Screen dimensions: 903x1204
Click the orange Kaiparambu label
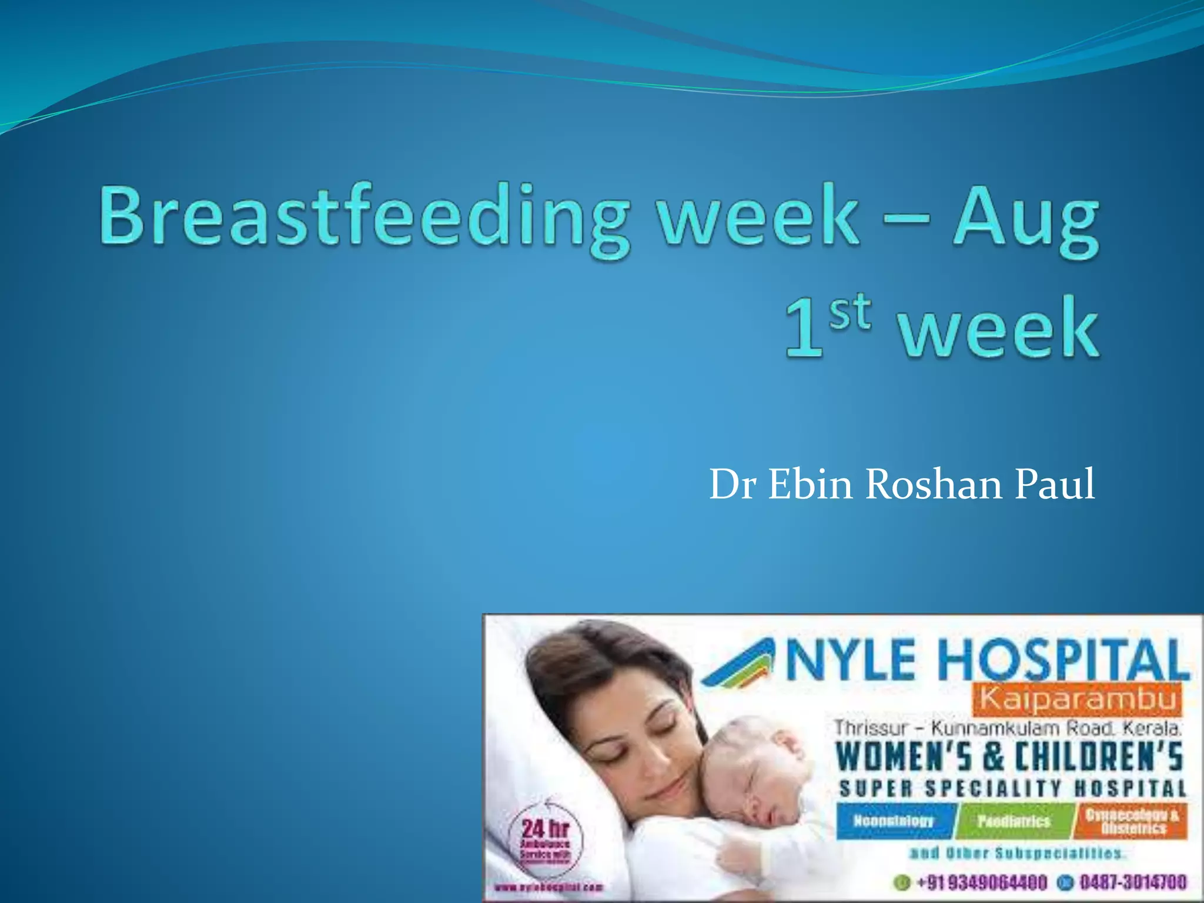click(x=1079, y=700)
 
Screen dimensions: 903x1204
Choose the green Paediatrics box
click(x=1014, y=821)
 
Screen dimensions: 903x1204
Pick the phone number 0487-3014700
click(x=1131, y=882)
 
